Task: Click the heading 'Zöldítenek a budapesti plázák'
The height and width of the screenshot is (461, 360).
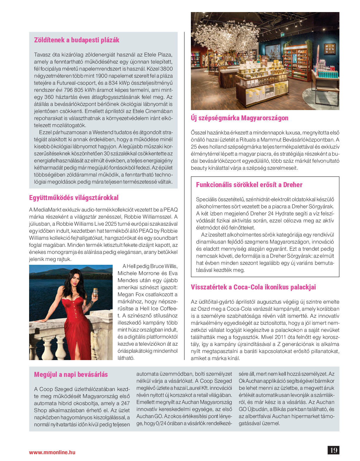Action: [x=76, y=40]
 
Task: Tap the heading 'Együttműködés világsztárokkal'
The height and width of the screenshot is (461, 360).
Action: [x=74, y=198]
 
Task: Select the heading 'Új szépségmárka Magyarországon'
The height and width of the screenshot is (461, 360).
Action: [x=239, y=118]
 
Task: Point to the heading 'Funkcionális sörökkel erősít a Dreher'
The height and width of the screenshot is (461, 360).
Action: [x=249, y=185]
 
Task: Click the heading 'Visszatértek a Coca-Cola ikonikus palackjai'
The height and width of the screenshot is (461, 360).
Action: [x=253, y=287]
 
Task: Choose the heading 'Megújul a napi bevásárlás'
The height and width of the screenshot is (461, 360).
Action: [x=71, y=375]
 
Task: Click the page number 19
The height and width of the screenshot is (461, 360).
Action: [x=334, y=450]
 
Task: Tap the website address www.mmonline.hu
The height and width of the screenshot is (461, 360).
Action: [x=52, y=452]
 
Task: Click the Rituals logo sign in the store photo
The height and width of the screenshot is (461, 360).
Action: [x=329, y=49]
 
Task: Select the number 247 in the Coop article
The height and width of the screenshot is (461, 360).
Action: [x=125, y=403]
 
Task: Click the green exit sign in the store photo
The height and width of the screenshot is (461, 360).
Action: [x=283, y=34]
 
